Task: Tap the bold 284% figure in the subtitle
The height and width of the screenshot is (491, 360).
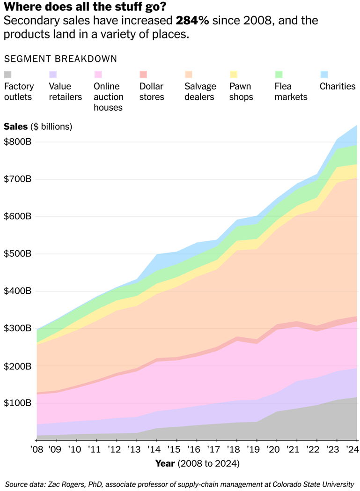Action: click(x=192, y=21)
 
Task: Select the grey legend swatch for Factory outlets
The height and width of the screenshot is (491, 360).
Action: click(x=8, y=74)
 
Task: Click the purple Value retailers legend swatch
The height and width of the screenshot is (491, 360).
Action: click(x=53, y=74)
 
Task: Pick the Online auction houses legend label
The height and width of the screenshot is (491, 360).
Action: click(x=108, y=97)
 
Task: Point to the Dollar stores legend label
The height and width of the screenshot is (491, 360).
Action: click(x=152, y=91)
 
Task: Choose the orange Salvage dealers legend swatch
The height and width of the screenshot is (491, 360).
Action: click(x=188, y=74)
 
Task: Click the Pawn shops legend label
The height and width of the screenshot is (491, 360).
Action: click(x=241, y=91)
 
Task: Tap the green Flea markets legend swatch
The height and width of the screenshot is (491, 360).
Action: click(x=279, y=74)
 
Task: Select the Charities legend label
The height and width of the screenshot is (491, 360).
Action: click(x=338, y=86)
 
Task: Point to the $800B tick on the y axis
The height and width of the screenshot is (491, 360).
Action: click(x=17, y=141)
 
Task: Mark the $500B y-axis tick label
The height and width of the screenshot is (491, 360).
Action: click(x=17, y=253)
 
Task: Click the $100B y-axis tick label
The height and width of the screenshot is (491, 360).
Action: click(x=17, y=403)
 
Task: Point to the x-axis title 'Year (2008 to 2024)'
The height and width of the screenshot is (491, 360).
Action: click(x=197, y=464)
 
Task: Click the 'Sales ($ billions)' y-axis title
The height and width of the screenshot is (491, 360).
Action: click(x=38, y=126)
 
